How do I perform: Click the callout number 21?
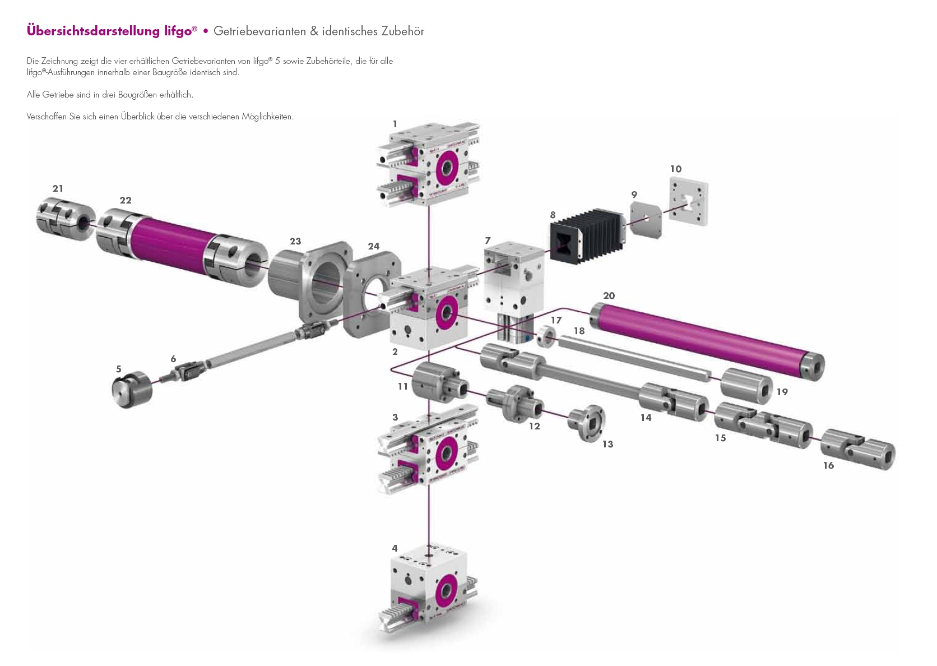[x=58, y=188]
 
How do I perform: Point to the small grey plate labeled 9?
[x=646, y=220]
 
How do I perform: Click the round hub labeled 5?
[x=132, y=390]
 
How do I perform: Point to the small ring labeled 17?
[x=546, y=337]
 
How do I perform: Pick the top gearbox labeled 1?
[x=429, y=163]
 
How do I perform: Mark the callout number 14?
[x=646, y=418]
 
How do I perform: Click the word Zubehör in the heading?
[x=402, y=31]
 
